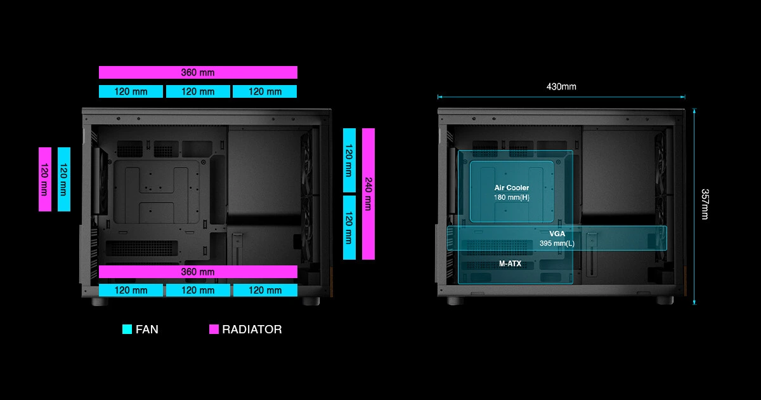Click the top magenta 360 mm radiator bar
(x=198, y=72)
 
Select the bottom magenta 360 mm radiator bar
(x=198, y=272)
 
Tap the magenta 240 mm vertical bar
(x=368, y=194)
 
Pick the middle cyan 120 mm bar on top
(x=198, y=91)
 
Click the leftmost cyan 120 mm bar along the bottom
(x=131, y=290)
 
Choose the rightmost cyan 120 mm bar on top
(x=264, y=91)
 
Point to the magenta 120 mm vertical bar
(x=44, y=179)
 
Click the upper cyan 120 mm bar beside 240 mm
(x=349, y=160)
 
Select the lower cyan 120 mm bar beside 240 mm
(x=349, y=227)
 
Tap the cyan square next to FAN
(x=127, y=330)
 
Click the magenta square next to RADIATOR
(x=214, y=330)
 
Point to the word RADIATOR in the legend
(x=252, y=330)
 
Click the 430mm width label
(x=561, y=86)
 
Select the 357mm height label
(x=705, y=204)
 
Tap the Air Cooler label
(x=511, y=188)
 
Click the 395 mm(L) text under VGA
(x=557, y=244)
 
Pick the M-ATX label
(x=510, y=263)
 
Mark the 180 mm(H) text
(x=511, y=197)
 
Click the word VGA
(x=557, y=234)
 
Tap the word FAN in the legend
(x=147, y=330)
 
